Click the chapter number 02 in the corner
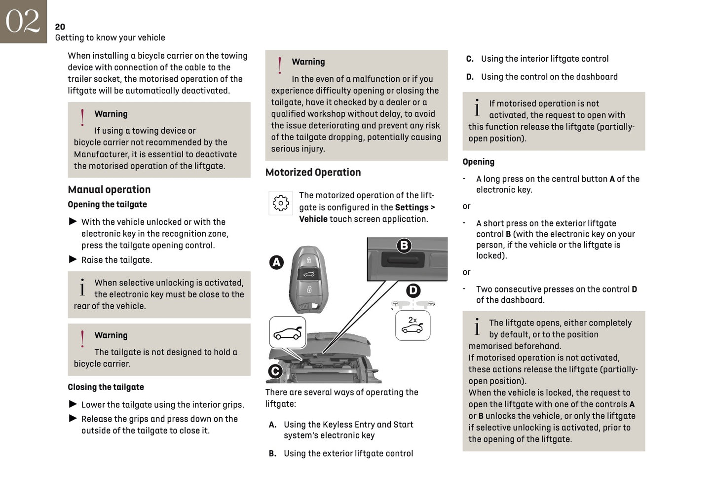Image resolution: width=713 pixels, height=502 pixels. pos(23,21)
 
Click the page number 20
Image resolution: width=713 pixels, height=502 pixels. pos(60,27)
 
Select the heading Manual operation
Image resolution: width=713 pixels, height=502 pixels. pos(109,189)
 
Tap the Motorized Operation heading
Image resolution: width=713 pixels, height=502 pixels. pos(313,172)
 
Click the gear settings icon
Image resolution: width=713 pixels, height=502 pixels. pos(280,203)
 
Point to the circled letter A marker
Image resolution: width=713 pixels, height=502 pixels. pos(276,262)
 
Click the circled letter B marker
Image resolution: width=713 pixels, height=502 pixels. pos(404,245)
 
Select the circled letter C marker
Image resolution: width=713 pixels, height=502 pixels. pos(275,371)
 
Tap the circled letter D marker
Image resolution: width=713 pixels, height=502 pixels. pos(413,290)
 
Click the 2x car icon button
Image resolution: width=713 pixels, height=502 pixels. pos(413,325)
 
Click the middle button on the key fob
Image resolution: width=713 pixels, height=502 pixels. pos(308,275)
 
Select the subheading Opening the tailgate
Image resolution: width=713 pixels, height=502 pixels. pos(107,204)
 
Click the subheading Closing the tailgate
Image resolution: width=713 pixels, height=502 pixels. pos(106,387)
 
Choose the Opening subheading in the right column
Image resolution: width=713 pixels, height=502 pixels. pos(478,162)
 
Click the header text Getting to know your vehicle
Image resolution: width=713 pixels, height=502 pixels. pos(110,37)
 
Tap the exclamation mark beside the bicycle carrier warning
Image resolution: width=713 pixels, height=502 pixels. pos(82,339)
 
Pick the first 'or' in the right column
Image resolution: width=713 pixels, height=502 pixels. pos(466,206)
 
